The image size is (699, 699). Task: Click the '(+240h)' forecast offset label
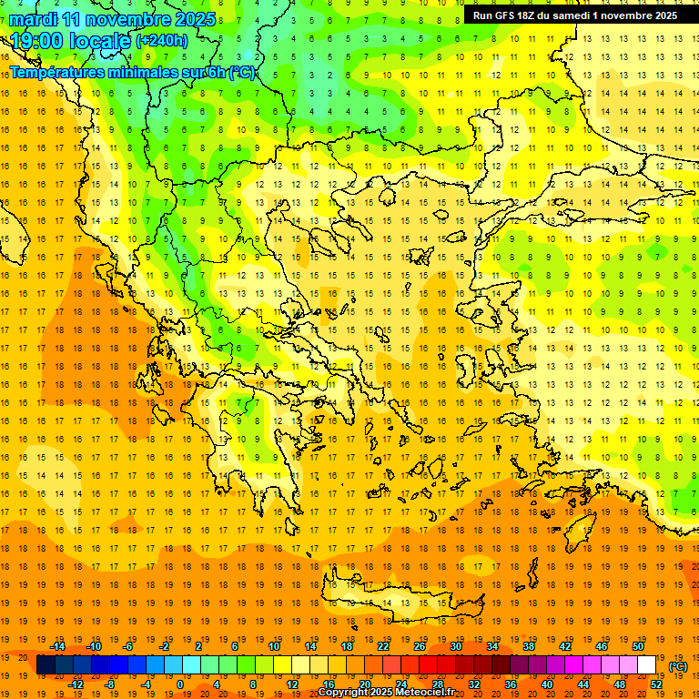coord(162,41)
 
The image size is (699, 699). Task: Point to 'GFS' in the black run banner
coord(508,15)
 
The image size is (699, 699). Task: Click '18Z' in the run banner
coord(532,15)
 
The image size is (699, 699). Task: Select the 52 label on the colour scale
coord(656,684)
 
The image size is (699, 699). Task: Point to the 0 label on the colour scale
coord(180,684)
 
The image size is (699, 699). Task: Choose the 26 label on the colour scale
coord(420,646)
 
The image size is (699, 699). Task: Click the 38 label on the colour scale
coord(529,646)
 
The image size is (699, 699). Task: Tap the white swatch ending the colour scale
coord(647,665)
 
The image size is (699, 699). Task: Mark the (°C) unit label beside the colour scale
coord(678,666)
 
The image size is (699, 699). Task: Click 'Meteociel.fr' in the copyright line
coord(429,693)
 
